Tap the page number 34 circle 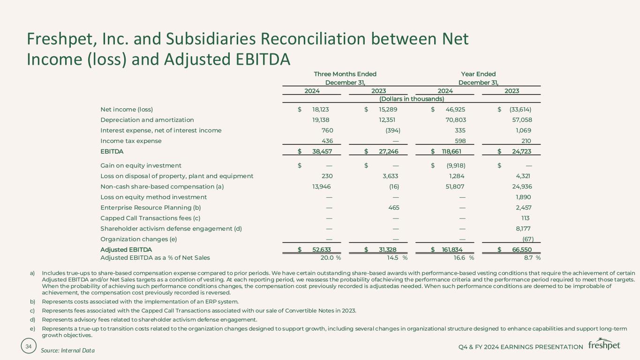coord(29,346)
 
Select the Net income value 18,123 coord(324,110)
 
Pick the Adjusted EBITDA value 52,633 coord(324,250)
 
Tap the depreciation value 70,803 coord(455,120)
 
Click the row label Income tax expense coord(131,141)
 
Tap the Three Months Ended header coord(345,74)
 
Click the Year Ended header coord(478,74)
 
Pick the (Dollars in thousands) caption coord(412,98)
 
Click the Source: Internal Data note coord(68,350)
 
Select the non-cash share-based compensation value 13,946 coord(322,187)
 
